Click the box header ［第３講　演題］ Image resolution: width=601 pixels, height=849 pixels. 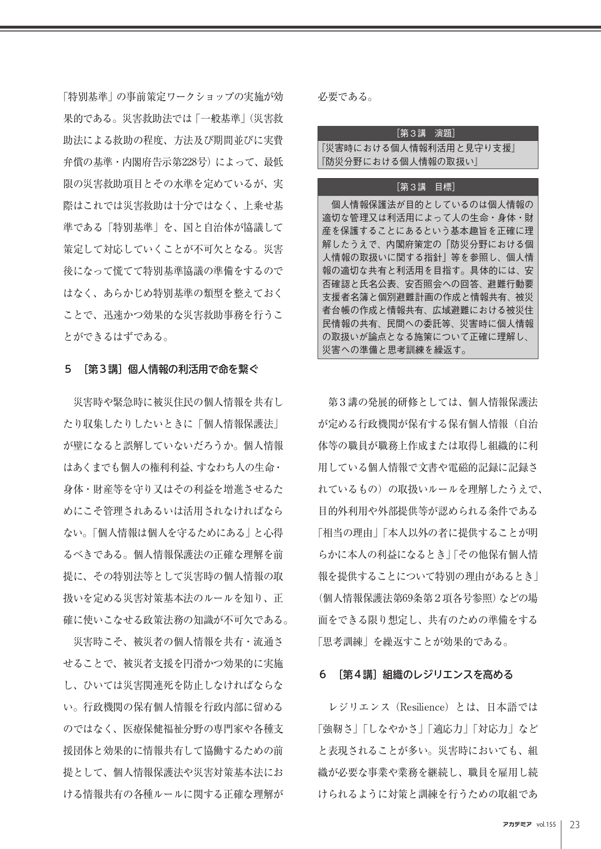pyautogui.click(x=428, y=133)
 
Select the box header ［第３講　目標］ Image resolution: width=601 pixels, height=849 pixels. pyautogui.click(x=428, y=187)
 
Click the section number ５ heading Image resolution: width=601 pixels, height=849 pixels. pyautogui.click(x=68, y=370)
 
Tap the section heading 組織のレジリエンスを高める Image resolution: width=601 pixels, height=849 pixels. pyautogui.click(x=447, y=674)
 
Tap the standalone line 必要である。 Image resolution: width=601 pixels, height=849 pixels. pyautogui.click(x=345, y=97)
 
